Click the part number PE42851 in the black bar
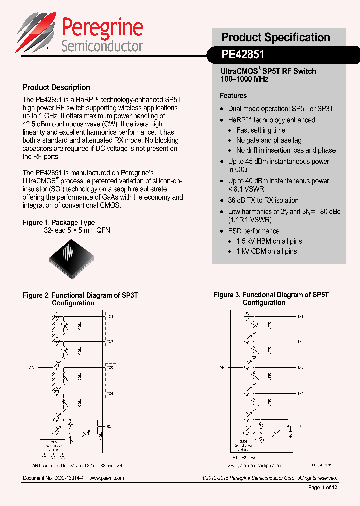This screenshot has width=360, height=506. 243,54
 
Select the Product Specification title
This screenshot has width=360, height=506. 276,37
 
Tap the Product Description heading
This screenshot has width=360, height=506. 56,87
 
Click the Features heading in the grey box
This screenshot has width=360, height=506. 233,95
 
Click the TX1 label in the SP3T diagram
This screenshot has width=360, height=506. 110,317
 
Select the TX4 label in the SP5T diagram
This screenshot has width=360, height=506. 300,394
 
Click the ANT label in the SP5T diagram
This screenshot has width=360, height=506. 223,367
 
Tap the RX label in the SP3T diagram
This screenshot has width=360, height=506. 109,426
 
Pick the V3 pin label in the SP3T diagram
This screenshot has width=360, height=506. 62,458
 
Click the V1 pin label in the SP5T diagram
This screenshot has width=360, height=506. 235,457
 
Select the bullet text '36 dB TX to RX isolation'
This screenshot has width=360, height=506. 263,200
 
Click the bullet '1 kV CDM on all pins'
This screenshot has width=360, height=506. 266,251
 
